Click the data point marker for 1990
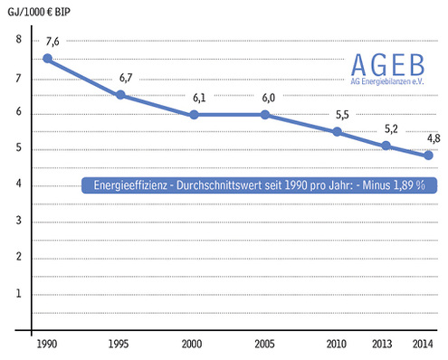click(x=47, y=59)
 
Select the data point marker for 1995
click(x=120, y=94)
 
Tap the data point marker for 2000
click(x=193, y=115)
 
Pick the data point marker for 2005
click(x=265, y=115)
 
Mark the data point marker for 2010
click(x=338, y=132)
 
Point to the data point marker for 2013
click(x=386, y=146)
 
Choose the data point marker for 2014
click(x=428, y=156)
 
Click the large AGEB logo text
click(x=387, y=63)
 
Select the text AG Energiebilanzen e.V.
click(x=387, y=81)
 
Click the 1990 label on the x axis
click(x=47, y=344)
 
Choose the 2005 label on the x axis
click(x=265, y=344)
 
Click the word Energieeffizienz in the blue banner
click(x=129, y=185)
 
